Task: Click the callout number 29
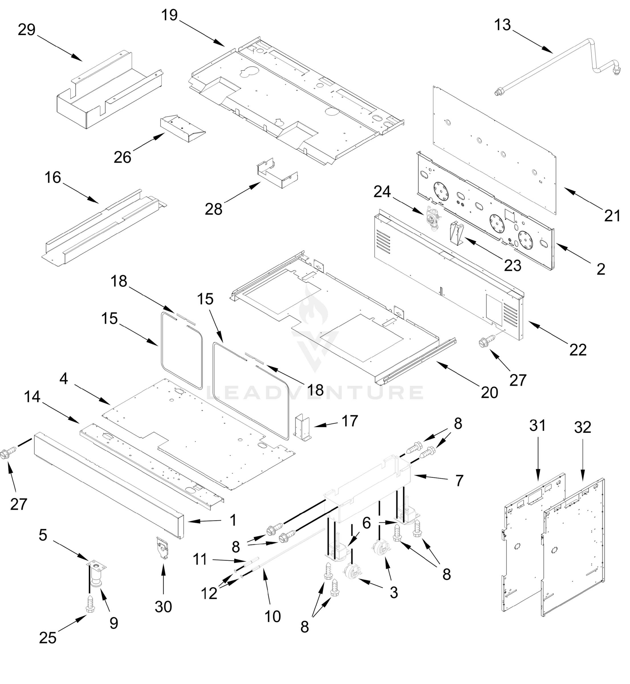click(27, 30)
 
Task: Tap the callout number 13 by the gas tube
click(503, 25)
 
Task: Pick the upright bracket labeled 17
click(302, 428)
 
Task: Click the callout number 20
click(489, 393)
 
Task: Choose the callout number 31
click(538, 426)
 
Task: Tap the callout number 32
click(582, 427)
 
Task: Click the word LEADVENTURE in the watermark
click(315, 392)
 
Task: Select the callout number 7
click(459, 481)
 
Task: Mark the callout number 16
click(53, 178)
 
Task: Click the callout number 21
click(613, 216)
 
